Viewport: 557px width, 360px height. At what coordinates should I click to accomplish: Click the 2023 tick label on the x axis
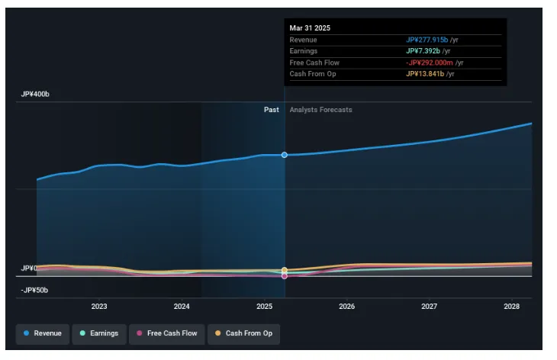99,306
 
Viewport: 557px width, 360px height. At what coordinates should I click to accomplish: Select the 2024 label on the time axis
182,306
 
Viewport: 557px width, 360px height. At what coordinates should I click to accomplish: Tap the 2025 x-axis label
264,306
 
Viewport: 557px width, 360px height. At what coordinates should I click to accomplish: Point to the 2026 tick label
347,306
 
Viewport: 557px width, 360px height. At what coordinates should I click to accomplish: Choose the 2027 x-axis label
430,306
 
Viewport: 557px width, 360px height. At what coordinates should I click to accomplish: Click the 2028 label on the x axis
512,306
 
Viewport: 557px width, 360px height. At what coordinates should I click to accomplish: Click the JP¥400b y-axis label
35,95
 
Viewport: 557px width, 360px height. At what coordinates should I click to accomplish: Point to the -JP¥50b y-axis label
35,291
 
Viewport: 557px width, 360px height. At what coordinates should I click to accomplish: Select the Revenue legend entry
43,333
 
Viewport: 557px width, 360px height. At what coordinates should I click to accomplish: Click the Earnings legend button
99,333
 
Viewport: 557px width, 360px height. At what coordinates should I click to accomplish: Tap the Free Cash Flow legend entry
166,333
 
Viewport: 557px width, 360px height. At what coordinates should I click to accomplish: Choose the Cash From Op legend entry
243,333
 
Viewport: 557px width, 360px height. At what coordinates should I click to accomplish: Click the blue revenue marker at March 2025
285,155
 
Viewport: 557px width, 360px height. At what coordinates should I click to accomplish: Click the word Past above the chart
272,110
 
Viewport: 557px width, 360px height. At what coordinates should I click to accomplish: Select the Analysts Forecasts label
320,110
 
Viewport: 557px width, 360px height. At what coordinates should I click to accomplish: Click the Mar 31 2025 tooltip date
310,28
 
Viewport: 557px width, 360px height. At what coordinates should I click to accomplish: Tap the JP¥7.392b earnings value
422,51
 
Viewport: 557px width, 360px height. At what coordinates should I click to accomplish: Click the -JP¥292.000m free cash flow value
430,63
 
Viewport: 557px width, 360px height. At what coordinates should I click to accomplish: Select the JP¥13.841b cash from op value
424,74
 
